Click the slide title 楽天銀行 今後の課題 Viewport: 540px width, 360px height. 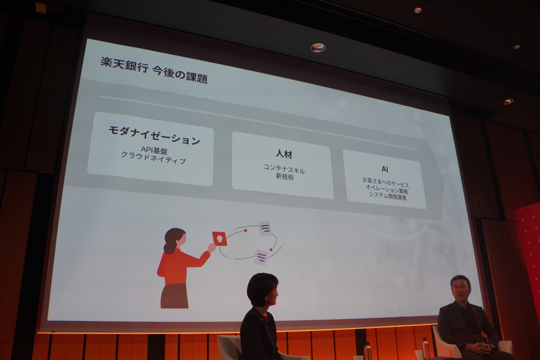[153, 70]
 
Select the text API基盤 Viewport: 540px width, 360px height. [154, 151]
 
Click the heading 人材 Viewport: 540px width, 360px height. [284, 154]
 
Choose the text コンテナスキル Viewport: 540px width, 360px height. [284, 170]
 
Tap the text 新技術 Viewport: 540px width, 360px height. [284, 177]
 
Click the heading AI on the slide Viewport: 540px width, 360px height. [385, 169]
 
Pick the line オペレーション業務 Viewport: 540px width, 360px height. [387, 188]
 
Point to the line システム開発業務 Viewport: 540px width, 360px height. [387, 195]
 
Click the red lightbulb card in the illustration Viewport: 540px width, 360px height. [219, 238]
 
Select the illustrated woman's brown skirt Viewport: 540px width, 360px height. [174, 296]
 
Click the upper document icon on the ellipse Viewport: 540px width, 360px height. [265, 228]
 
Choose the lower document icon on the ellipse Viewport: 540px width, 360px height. [261, 257]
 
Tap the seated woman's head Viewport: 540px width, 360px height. [262, 288]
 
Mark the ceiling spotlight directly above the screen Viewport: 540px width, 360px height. [318, 47]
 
